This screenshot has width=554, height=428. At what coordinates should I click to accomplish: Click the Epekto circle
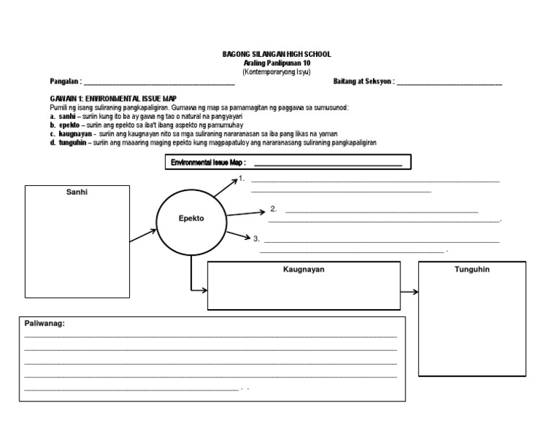point(191,218)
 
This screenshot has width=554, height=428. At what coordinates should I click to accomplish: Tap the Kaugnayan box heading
point(304,269)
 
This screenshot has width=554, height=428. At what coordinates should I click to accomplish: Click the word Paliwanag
point(45,324)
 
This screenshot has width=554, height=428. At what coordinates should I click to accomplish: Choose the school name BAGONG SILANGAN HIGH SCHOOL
point(277,55)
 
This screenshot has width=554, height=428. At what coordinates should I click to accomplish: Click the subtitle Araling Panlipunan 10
point(277,63)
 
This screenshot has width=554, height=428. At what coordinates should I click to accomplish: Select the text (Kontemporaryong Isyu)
point(277,71)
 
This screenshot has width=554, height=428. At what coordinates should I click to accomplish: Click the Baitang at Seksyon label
point(364,81)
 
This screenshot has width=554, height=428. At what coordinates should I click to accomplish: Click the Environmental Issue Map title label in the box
point(208,163)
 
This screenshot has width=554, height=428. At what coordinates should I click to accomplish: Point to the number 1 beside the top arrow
point(243,178)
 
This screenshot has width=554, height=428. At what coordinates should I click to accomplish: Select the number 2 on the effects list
point(274,209)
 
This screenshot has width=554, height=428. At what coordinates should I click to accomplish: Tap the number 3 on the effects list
point(256,238)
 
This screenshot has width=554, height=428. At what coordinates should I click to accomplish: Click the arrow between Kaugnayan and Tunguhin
point(410,292)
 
